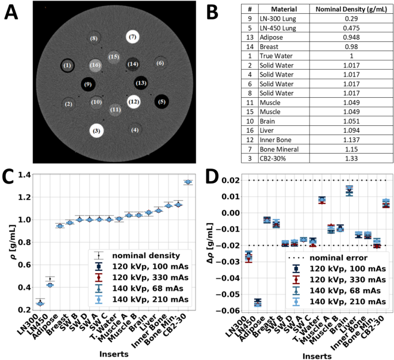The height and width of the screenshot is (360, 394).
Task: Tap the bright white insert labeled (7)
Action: [x=132, y=37]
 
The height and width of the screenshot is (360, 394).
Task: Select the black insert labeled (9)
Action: [x=88, y=85]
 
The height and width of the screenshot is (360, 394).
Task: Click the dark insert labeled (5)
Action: [x=162, y=102]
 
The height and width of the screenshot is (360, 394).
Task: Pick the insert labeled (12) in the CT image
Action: [x=133, y=102]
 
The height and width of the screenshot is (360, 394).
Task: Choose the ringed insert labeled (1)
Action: [x=67, y=66]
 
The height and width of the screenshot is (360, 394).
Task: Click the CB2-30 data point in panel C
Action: [x=188, y=182]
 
